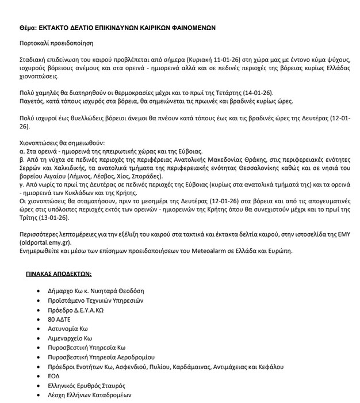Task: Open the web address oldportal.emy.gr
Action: point(43,243)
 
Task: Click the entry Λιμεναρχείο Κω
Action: point(70,338)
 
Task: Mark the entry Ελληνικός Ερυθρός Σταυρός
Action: point(86,385)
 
